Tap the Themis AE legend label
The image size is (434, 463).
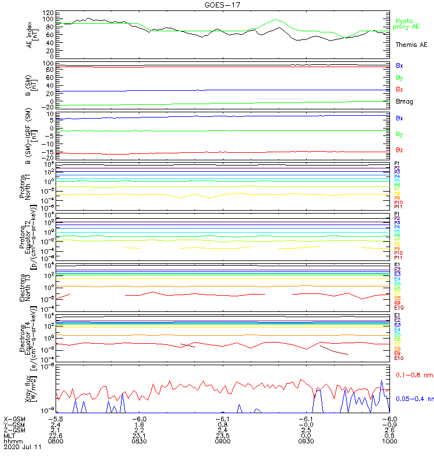tap(410, 45)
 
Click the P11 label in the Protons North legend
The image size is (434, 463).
tap(398, 207)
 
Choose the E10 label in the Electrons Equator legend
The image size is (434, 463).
tap(399, 358)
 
